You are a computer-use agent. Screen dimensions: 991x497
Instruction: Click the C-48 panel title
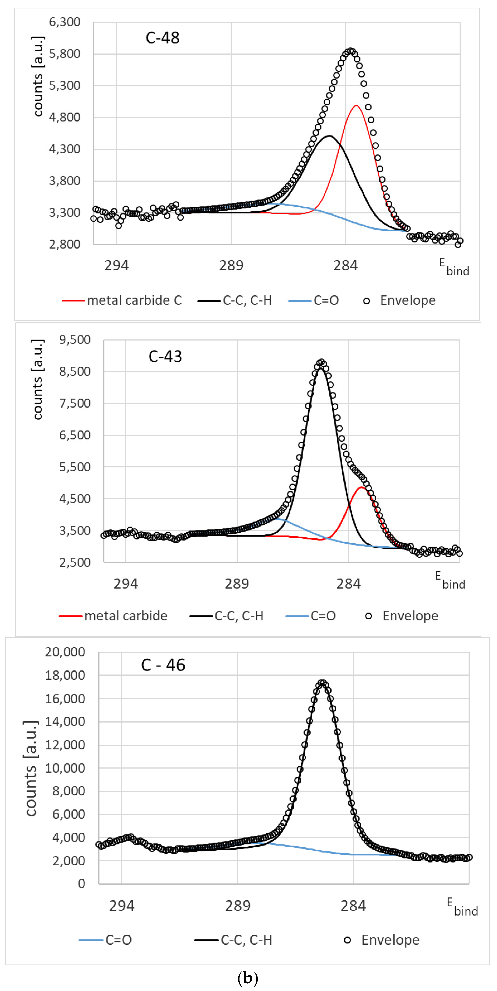point(162,38)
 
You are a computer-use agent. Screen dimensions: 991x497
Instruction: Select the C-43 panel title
point(165,356)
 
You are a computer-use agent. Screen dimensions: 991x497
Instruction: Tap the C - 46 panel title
point(163,665)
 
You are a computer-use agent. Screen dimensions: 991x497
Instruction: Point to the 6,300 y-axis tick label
point(65,22)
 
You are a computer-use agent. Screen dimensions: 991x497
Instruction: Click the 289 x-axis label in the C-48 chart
point(231,265)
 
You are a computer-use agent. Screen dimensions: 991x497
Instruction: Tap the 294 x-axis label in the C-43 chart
point(126,584)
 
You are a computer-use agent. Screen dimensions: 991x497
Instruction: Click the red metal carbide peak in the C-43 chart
point(361,488)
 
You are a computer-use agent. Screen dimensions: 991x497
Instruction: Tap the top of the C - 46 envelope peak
point(323,683)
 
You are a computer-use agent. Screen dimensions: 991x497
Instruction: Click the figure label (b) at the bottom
point(248,977)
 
